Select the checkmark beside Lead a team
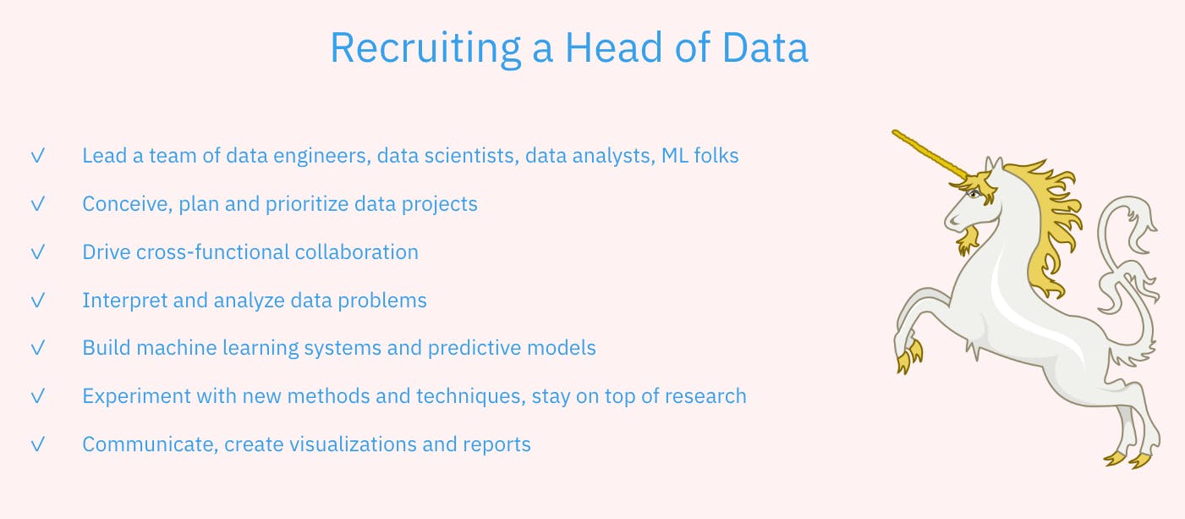tap(37, 156)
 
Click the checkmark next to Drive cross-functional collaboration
tap(37, 252)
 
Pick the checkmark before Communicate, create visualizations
tap(37, 444)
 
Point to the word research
tap(706, 396)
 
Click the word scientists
tap(469, 156)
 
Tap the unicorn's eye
tap(974, 195)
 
